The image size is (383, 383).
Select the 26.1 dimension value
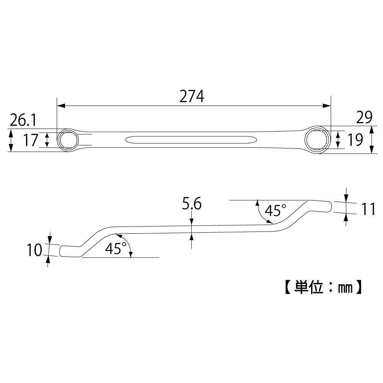(23, 121)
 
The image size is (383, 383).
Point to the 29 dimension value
(363, 118)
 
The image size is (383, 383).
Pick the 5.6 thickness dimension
(192, 205)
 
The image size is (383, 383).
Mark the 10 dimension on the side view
(34, 250)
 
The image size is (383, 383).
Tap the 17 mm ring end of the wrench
(68, 140)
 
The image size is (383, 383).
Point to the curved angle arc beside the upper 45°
(261, 213)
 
